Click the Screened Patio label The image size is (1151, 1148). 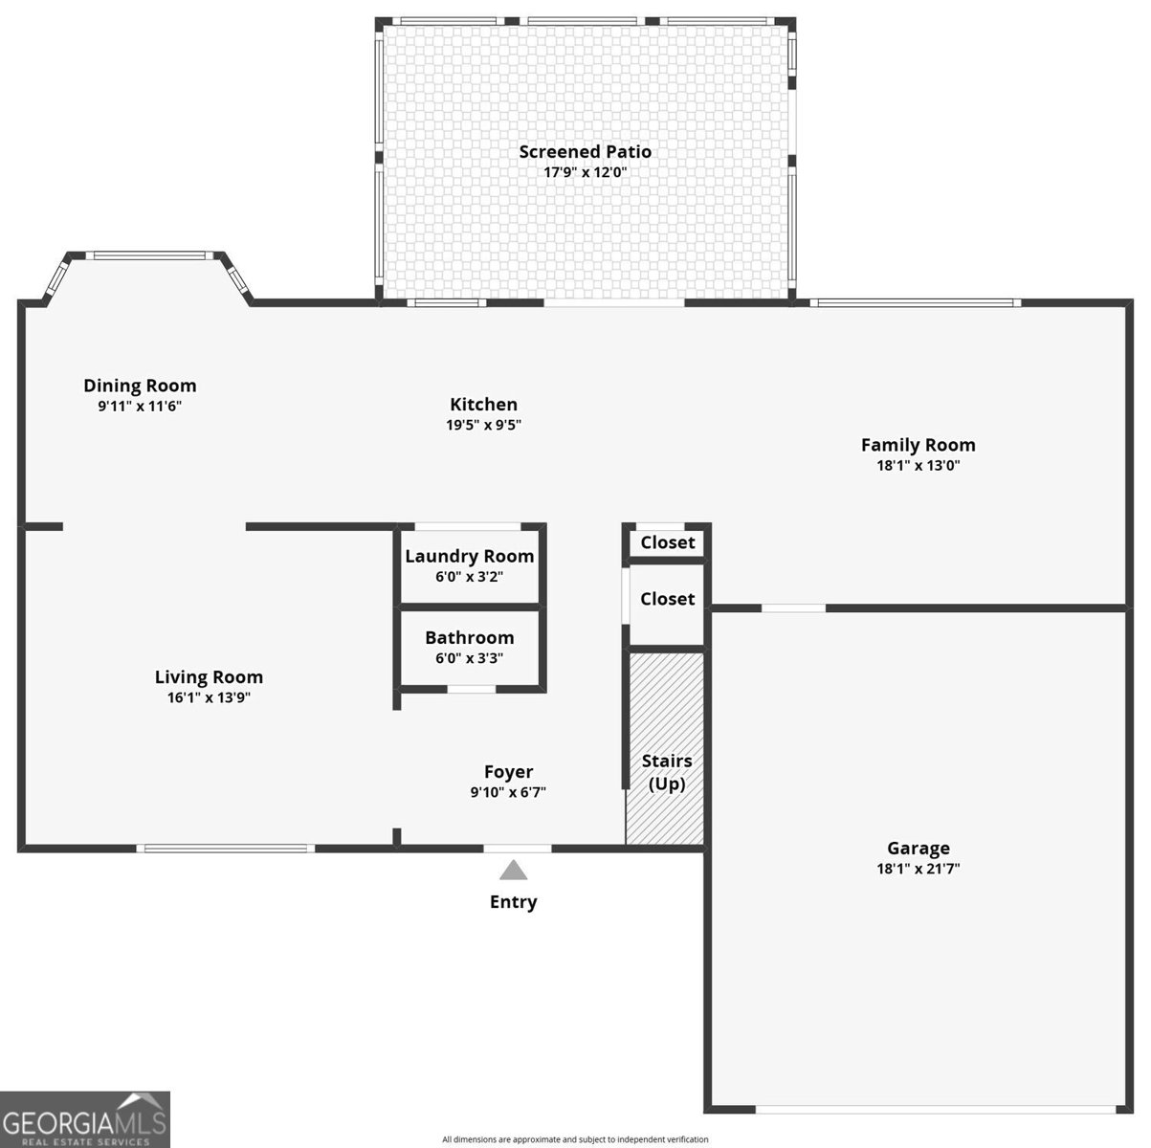coord(585,151)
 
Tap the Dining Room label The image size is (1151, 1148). coord(140,386)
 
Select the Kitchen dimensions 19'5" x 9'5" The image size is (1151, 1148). coord(483,425)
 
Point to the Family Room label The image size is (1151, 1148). coord(918,445)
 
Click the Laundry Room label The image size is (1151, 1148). coord(469,556)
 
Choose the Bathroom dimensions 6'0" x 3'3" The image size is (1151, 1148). coord(469,658)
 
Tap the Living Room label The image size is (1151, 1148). coord(209,677)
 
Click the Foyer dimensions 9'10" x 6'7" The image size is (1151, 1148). coord(508,792)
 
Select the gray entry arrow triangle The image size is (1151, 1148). coord(514,871)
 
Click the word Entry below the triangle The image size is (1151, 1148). coord(514,901)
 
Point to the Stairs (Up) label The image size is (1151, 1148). coord(666,772)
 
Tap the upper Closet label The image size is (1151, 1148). coord(667,542)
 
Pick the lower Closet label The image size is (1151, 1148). coord(667,599)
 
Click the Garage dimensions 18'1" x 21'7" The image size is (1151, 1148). coord(918,869)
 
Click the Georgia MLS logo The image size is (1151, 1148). coord(84,1119)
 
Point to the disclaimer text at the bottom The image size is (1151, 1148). coord(575,1139)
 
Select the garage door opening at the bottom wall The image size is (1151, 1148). coord(936,1110)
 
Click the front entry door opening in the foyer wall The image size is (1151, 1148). coord(517,848)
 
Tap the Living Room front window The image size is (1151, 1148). coord(225,848)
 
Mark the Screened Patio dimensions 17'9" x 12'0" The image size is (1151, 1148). coord(585,172)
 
